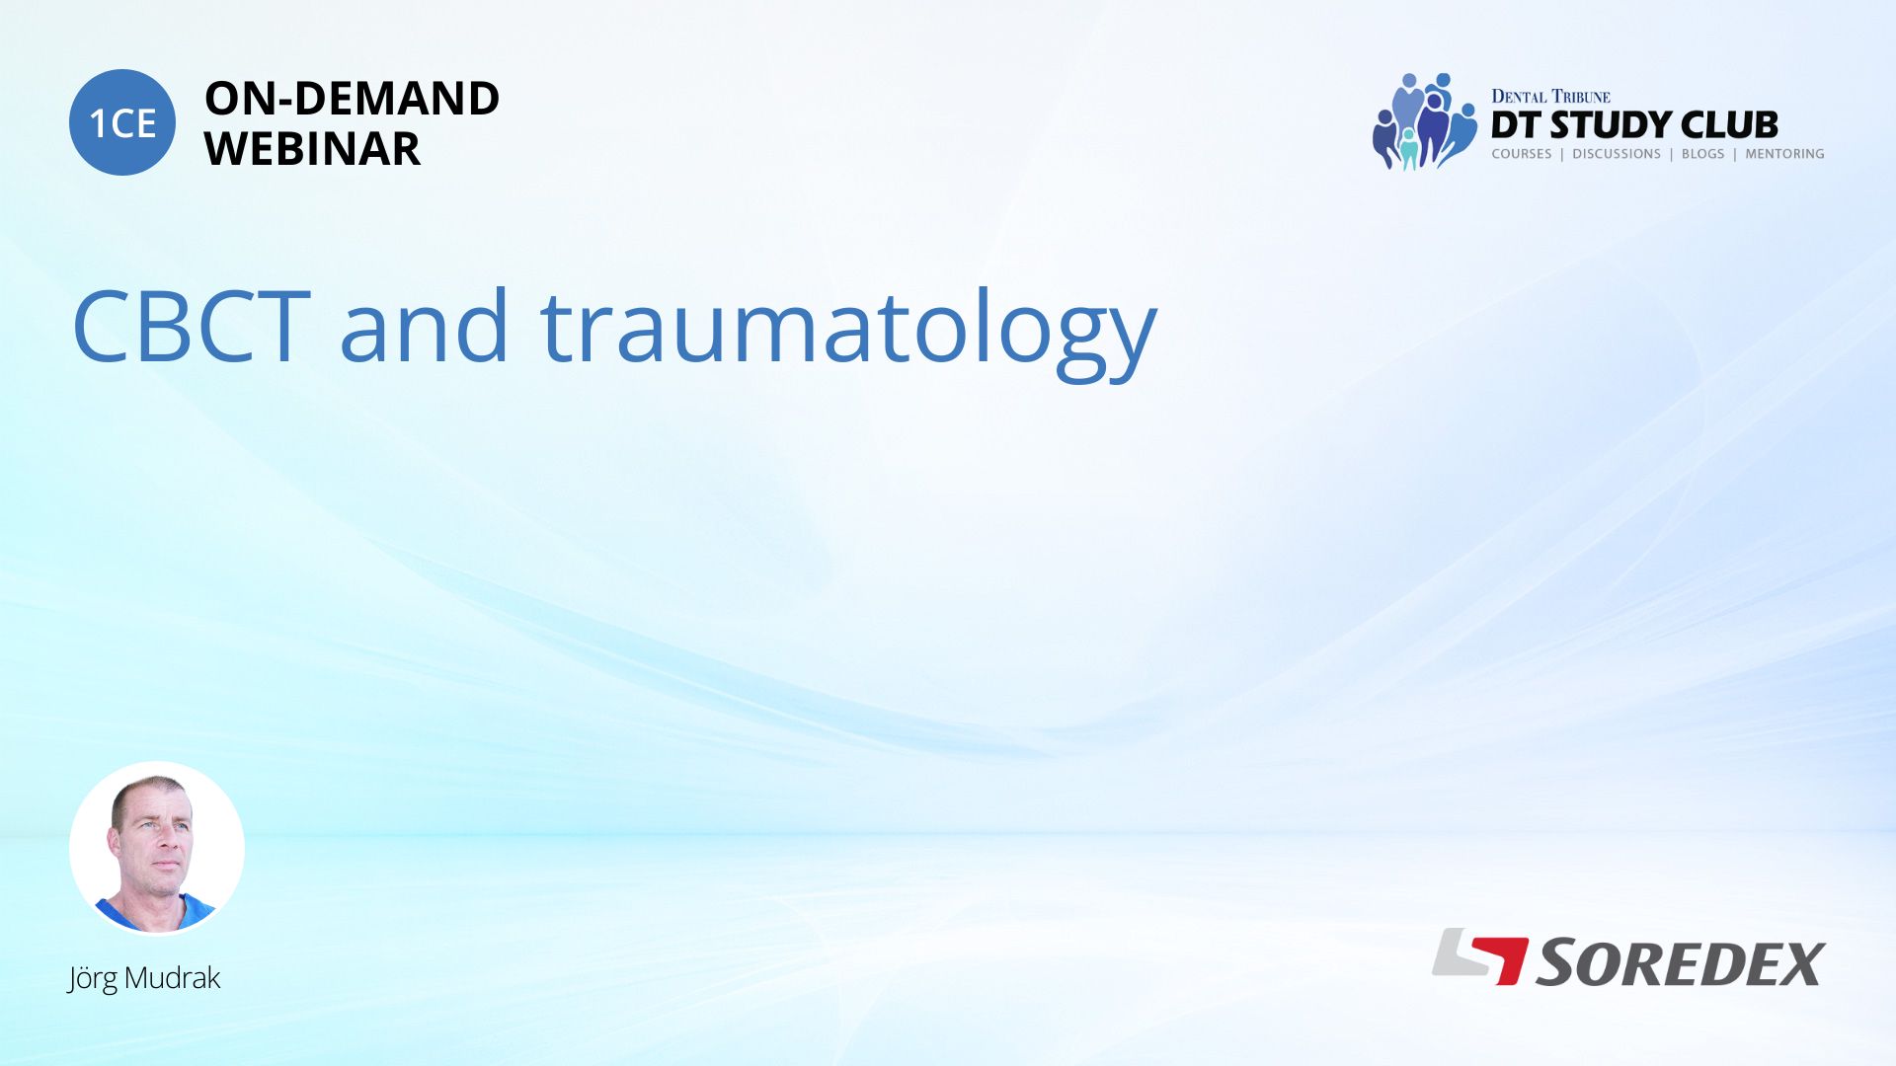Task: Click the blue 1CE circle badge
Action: (x=122, y=122)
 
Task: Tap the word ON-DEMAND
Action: (x=352, y=99)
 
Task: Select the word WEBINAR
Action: (x=312, y=149)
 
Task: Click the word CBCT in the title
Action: (x=192, y=327)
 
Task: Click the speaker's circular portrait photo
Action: (x=157, y=848)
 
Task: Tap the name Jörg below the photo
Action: (x=92, y=978)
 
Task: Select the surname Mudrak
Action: (x=173, y=977)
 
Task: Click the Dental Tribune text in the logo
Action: (x=1550, y=97)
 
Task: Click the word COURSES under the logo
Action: (x=1522, y=154)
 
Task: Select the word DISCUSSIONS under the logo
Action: (x=1617, y=154)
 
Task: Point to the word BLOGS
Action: (x=1703, y=154)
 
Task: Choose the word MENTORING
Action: (x=1784, y=154)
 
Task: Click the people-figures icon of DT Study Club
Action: (x=1424, y=120)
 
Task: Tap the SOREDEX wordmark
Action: (x=1680, y=963)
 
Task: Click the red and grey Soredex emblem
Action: (x=1480, y=956)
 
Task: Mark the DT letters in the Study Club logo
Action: (x=1516, y=125)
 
